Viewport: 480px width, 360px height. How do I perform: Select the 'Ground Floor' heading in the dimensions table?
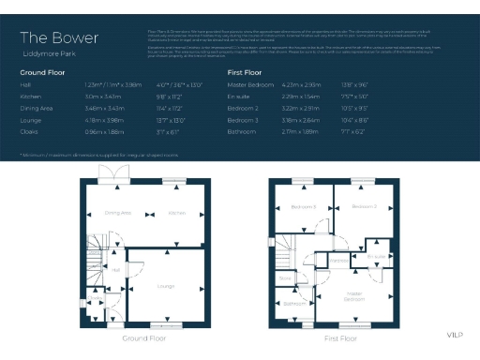click(x=44, y=72)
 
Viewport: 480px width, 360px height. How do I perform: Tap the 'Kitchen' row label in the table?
click(x=30, y=95)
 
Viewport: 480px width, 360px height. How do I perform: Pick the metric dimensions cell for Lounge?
click(x=101, y=120)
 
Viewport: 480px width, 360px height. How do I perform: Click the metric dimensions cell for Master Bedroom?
click(x=301, y=84)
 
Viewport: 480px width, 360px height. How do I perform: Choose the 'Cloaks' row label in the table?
click(x=29, y=132)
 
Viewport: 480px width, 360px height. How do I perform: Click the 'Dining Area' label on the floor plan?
click(x=117, y=214)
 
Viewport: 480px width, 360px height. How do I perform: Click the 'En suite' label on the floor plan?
click(x=376, y=255)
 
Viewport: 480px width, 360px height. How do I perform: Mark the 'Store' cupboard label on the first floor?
click(x=284, y=277)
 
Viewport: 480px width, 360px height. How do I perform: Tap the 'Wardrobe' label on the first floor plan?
click(x=339, y=261)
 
